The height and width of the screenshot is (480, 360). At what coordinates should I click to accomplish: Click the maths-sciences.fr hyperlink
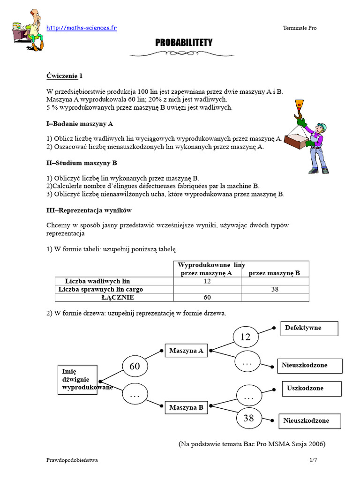pos(82,28)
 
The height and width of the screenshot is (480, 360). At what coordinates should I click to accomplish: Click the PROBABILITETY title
pos(184,43)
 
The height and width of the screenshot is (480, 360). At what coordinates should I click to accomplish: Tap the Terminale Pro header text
pos(300,28)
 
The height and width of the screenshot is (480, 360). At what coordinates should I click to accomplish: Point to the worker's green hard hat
pos(322,126)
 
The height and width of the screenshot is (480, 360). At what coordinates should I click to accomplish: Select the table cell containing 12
pos(207,281)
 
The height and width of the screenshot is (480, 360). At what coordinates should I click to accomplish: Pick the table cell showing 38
pos(275,289)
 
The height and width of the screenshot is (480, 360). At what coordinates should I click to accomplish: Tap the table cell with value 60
pos(207,297)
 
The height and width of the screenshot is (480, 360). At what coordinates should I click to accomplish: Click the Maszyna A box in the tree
pos(186,350)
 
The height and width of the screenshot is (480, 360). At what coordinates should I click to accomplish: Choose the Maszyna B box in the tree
pos(186,408)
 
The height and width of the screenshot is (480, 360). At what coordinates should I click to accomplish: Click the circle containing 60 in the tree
pos(135,366)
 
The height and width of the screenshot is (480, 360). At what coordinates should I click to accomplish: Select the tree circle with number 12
pos(246,337)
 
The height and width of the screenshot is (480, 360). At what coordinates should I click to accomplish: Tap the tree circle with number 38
pos(248,418)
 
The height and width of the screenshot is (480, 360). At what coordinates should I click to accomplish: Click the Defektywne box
pos(309,328)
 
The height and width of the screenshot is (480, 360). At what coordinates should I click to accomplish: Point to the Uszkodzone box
pos(311,388)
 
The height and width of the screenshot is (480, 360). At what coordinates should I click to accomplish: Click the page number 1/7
pos(313,461)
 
